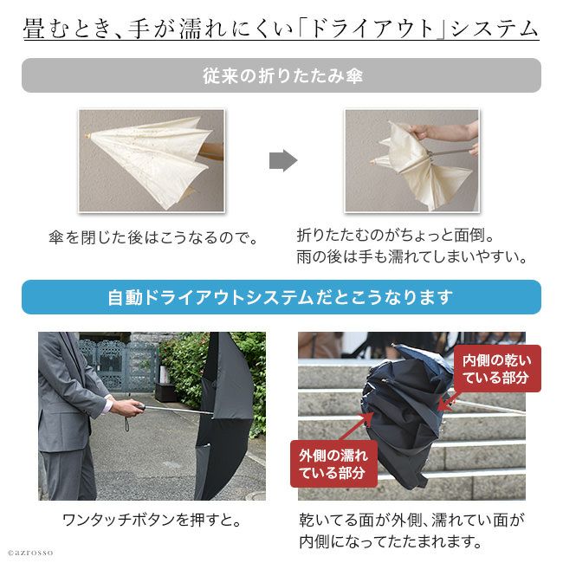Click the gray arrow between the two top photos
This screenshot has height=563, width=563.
[x=283, y=160]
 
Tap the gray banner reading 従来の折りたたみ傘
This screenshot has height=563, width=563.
[x=281, y=75]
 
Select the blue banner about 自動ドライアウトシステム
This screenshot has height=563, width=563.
[x=281, y=297]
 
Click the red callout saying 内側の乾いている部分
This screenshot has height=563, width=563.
[x=497, y=369]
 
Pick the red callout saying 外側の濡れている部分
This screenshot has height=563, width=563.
[x=333, y=464]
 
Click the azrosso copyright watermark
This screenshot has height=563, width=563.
[x=30, y=553]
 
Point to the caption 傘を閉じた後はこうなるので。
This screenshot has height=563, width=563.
[x=153, y=237]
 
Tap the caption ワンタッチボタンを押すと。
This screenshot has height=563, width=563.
[x=152, y=521]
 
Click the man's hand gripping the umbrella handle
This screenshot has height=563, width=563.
[x=126, y=408]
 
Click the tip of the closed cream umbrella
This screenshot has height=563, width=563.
[x=87, y=136]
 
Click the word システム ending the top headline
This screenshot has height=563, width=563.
[x=494, y=29]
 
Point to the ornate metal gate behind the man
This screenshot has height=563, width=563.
[x=119, y=366]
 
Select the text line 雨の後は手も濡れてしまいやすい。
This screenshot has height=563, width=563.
[x=411, y=256]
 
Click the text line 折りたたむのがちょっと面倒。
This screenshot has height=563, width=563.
[x=396, y=236]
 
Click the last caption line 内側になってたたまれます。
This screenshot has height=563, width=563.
[x=391, y=541]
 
